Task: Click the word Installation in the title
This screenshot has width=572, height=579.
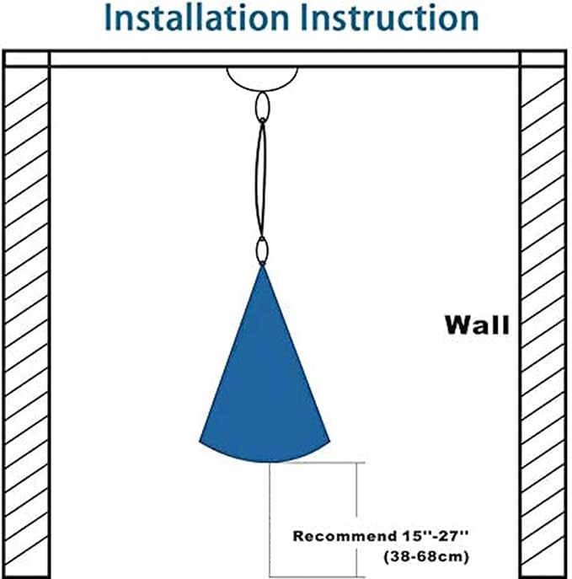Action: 196,18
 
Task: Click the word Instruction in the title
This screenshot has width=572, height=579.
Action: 390,18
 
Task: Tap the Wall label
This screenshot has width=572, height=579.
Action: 477,325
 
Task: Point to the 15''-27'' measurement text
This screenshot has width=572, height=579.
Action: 435,536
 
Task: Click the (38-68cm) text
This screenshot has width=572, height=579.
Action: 426,556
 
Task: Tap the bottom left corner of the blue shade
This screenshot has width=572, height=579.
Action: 200,441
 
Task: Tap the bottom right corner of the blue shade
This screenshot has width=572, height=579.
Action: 329,441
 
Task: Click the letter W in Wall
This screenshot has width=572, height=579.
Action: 457,325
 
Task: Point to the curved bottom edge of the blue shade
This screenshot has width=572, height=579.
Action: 265,462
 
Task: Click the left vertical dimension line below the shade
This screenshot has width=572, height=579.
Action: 270,519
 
